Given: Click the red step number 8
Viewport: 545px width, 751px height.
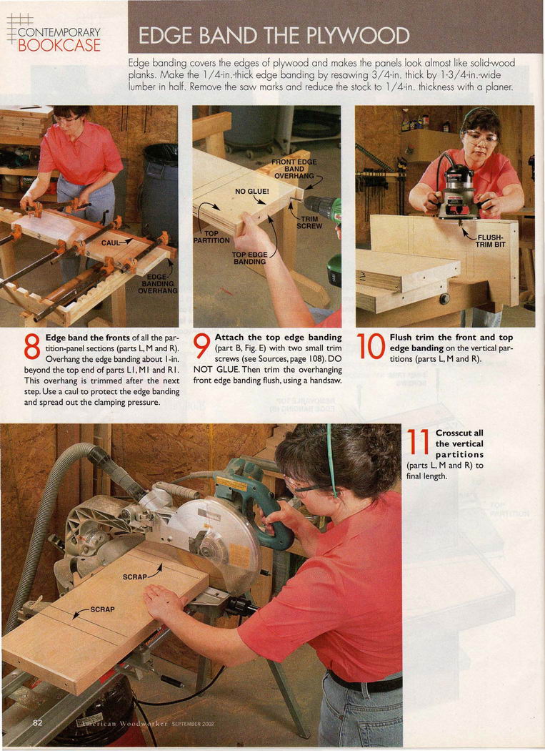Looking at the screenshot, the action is [x=32, y=347].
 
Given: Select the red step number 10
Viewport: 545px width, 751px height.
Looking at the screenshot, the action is [x=371, y=347].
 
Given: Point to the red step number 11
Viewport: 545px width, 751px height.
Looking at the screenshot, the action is [x=417, y=442].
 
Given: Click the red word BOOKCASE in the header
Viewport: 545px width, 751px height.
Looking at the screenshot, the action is [x=59, y=46].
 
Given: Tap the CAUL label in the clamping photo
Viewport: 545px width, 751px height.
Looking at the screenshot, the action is [x=111, y=243].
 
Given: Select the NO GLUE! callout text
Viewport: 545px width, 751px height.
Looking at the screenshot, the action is [x=251, y=192].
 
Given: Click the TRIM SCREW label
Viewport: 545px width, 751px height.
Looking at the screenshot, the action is [x=309, y=222].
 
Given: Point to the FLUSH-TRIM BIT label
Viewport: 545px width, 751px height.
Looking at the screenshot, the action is [x=490, y=241].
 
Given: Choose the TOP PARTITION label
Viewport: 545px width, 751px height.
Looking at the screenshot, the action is [x=211, y=237].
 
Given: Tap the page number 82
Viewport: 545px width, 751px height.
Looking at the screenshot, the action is [x=38, y=722].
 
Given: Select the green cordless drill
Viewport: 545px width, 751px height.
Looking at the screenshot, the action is [x=326, y=235].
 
